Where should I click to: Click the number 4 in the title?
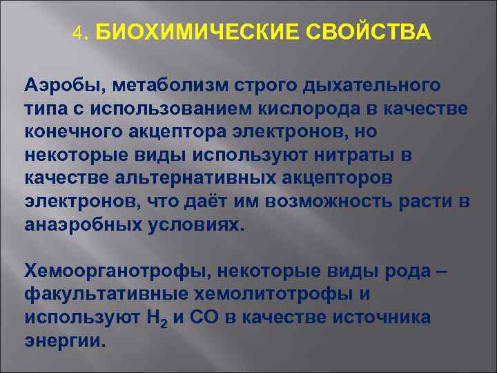77,33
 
